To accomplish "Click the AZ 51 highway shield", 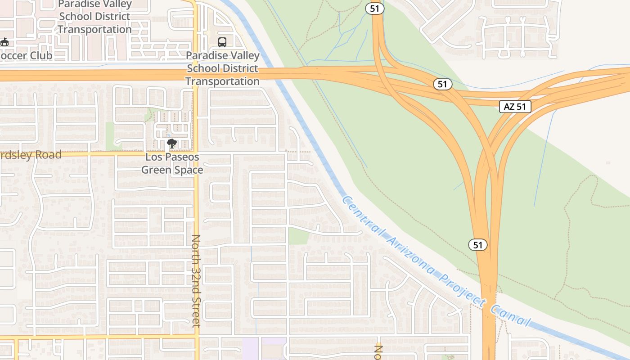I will pos(515,107).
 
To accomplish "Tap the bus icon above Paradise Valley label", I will pos(222,42).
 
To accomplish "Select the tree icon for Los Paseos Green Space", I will pos(171,144).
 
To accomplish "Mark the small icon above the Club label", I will pos(4,42).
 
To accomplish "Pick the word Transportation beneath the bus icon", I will pos(222,81).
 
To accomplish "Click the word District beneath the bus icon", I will pos(241,68).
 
